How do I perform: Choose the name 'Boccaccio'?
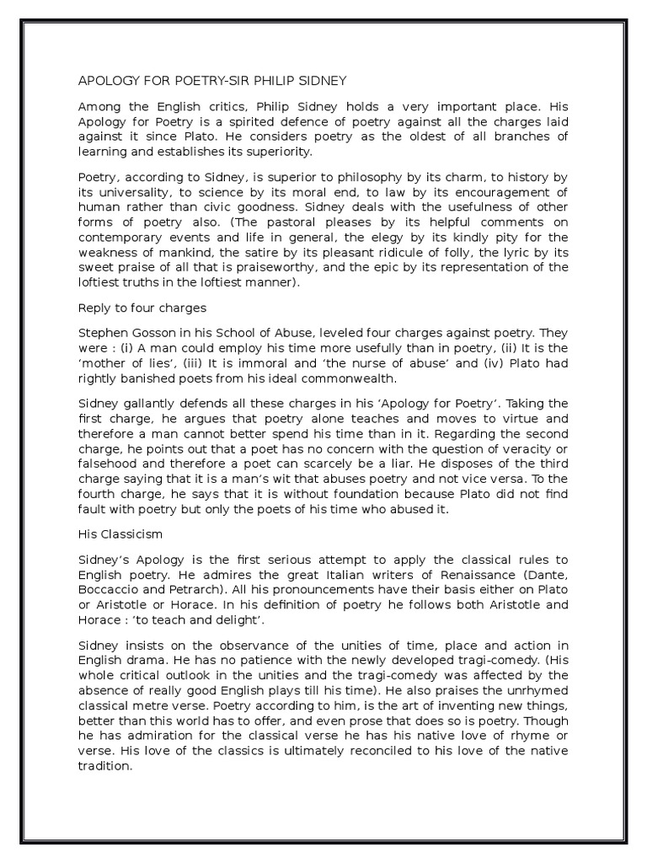click(109, 591)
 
